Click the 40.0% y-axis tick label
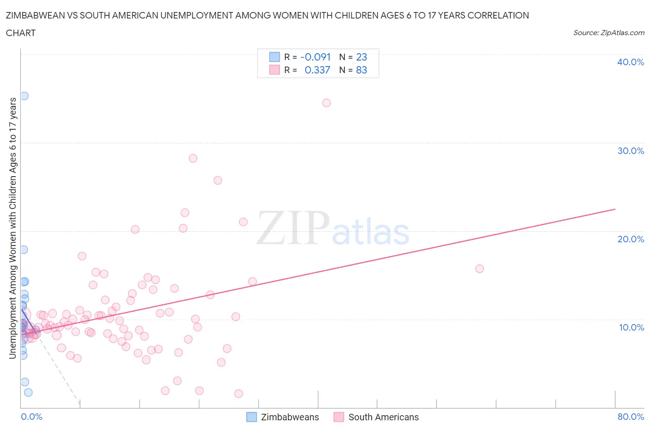click(x=630, y=62)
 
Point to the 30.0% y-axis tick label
click(x=630, y=151)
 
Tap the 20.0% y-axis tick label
click(x=630, y=239)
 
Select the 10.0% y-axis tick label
click(x=631, y=327)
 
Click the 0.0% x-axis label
click(x=31, y=417)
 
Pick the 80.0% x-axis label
click(x=630, y=417)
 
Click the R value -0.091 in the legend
click(x=315, y=57)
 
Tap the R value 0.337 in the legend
click(x=317, y=70)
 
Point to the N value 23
click(x=362, y=57)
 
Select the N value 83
click(x=362, y=70)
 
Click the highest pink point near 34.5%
click(x=326, y=103)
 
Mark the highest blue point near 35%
click(x=24, y=96)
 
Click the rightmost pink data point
click(x=479, y=269)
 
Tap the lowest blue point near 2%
click(x=28, y=392)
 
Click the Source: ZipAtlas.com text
click(x=608, y=32)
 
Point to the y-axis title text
click(x=12, y=228)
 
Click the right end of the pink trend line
click(x=615, y=209)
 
